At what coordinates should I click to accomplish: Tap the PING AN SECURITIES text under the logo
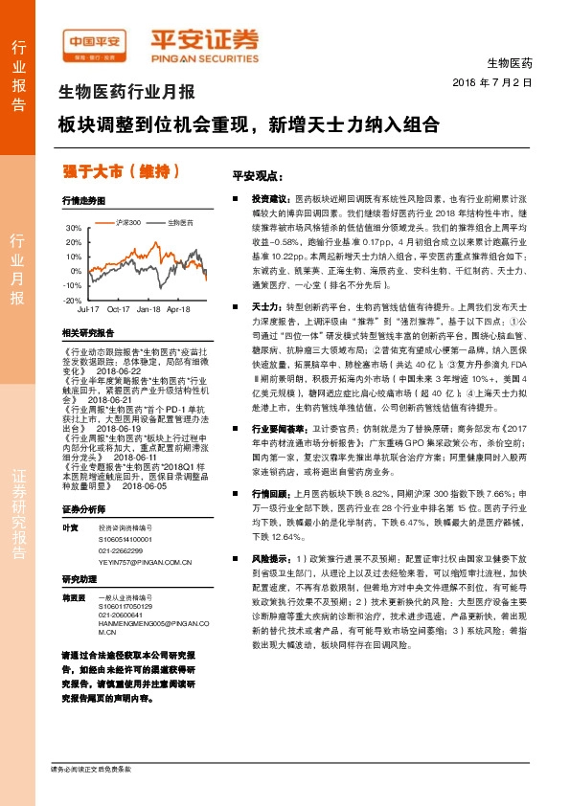(204, 56)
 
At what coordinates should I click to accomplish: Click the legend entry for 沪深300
(127, 222)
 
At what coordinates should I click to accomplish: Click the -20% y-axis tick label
(74, 300)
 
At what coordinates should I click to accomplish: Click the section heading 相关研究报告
(88, 332)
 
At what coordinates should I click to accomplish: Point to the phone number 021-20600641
(122, 616)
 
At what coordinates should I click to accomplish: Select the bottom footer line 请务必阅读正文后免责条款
(90, 795)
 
